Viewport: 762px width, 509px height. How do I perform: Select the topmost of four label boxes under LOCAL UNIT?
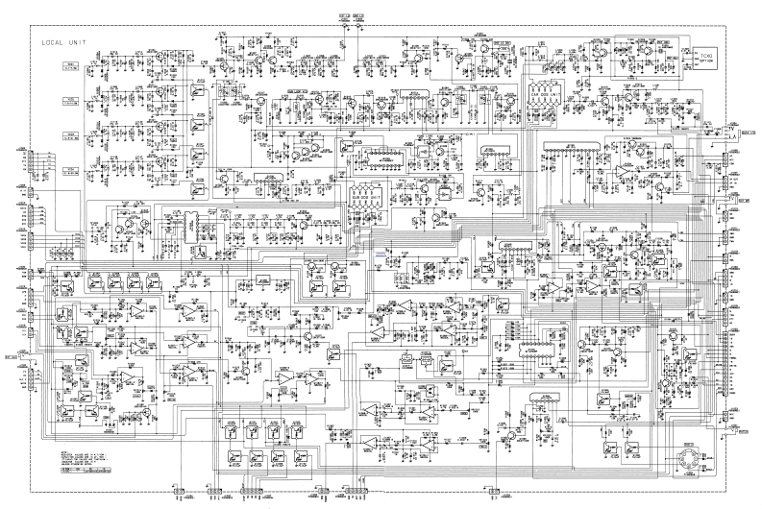point(70,66)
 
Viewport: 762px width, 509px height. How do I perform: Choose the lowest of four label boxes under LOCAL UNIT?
point(70,170)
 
